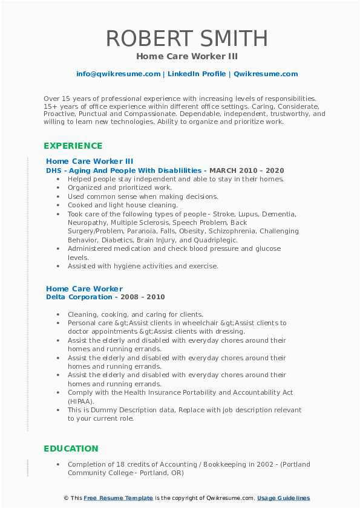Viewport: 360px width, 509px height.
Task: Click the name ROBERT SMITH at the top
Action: (186, 38)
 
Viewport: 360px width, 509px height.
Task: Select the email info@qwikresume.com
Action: (118, 74)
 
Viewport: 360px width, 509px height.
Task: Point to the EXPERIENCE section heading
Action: (73, 146)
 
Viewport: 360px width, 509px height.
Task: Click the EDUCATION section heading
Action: (71, 449)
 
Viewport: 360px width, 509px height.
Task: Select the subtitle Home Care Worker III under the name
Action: (187, 56)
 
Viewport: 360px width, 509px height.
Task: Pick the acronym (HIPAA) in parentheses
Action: (80, 401)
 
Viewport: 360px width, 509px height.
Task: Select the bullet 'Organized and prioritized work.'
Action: (120, 187)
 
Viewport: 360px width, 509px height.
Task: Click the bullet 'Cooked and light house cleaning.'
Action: (123, 205)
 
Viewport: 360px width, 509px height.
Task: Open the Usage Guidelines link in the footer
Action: (283, 498)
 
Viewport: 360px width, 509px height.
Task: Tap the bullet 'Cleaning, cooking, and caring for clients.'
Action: (136, 314)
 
